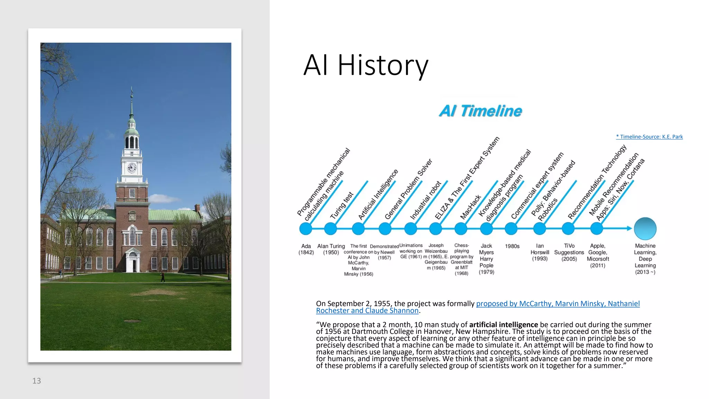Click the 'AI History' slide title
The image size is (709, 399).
click(x=366, y=65)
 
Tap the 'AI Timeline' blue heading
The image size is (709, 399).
click(x=480, y=111)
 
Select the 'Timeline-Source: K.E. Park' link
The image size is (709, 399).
click(x=649, y=137)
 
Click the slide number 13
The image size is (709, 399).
click(x=36, y=381)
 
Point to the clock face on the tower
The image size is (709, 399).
click(x=132, y=168)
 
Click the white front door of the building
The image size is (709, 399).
click(x=133, y=265)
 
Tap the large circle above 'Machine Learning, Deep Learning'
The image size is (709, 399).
click(x=645, y=229)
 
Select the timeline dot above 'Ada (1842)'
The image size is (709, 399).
click(x=306, y=229)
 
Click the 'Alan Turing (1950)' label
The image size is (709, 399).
click(x=331, y=249)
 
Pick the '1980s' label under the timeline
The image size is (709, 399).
click(x=512, y=246)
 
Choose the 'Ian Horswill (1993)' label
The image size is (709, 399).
click(x=540, y=252)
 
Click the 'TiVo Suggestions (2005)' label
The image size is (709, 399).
click(x=569, y=252)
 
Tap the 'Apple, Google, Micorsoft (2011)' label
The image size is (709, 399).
click(x=598, y=256)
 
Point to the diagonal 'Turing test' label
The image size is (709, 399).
click(x=342, y=205)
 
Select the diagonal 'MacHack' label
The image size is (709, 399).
click(x=470, y=207)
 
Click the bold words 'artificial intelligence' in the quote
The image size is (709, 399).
click(x=503, y=325)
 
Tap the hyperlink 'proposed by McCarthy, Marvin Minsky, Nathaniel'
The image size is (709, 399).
click(x=558, y=304)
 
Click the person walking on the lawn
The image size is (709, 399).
click(x=163, y=277)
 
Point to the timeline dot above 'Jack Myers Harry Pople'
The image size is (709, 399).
click(x=486, y=229)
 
